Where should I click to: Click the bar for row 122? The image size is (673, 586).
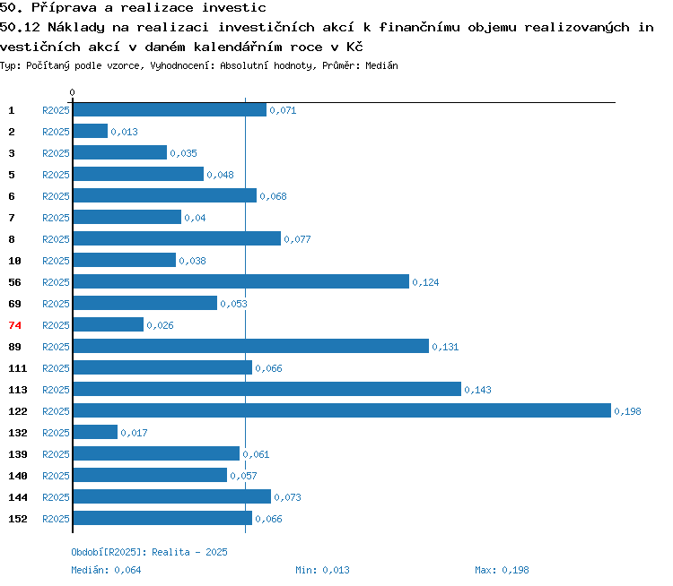click(x=342, y=410)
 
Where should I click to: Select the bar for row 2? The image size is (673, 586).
click(x=91, y=131)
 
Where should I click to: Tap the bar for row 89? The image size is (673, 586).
click(x=251, y=347)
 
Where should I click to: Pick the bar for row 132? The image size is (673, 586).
click(x=95, y=432)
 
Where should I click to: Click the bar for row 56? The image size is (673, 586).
click(x=241, y=281)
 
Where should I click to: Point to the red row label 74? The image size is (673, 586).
click(x=14, y=325)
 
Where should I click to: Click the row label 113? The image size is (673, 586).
click(x=18, y=390)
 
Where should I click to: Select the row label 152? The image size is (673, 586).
click(x=18, y=519)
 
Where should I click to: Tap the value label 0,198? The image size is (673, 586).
click(x=627, y=411)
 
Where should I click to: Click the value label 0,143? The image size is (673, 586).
click(x=477, y=390)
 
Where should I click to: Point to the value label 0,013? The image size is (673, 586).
click(x=125, y=132)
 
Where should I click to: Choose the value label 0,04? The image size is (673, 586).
click(x=195, y=219)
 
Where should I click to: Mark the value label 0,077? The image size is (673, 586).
click(x=297, y=239)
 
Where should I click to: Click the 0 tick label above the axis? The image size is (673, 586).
click(x=72, y=92)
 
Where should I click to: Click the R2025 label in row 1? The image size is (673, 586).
click(x=56, y=110)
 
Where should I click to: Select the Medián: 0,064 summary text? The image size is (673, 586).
click(x=106, y=570)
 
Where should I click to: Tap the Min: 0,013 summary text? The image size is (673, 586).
click(x=322, y=570)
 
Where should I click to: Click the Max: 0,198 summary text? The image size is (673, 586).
click(x=502, y=570)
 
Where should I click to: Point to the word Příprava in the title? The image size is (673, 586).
click(x=65, y=8)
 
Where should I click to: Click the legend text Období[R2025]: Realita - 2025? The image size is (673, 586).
click(x=149, y=552)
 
